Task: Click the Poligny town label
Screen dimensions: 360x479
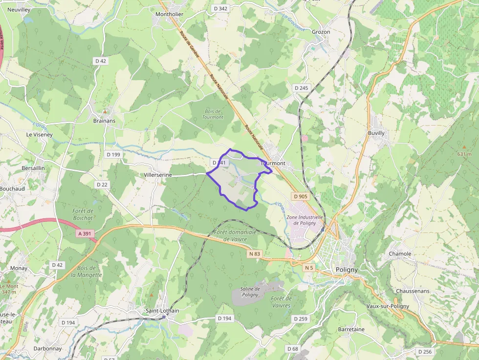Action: pyautogui.click(x=347, y=270)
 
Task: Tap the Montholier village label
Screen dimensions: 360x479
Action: pyautogui.click(x=169, y=14)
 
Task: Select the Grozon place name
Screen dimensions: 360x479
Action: pyautogui.click(x=321, y=32)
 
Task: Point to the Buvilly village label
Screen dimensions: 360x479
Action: pyautogui.click(x=376, y=133)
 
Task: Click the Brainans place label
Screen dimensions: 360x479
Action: pyautogui.click(x=104, y=121)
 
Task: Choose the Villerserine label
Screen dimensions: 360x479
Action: pyautogui.click(x=158, y=174)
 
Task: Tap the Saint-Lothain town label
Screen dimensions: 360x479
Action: pyautogui.click(x=162, y=311)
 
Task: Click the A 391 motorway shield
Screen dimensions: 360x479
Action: pyautogui.click(x=85, y=234)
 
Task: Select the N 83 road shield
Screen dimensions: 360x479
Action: pyautogui.click(x=255, y=254)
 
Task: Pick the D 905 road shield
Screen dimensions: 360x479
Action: pyautogui.click(x=301, y=196)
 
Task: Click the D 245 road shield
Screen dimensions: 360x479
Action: pyautogui.click(x=302, y=88)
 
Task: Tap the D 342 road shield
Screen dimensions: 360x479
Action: pyautogui.click(x=220, y=8)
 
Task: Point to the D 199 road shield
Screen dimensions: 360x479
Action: pyautogui.click(x=113, y=154)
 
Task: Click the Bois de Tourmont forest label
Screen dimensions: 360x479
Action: pyautogui.click(x=213, y=114)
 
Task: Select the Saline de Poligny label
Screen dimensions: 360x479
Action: pyautogui.click(x=250, y=292)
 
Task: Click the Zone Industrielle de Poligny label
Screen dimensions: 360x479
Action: pyautogui.click(x=305, y=220)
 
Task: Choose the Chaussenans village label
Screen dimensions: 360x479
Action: pyautogui.click(x=413, y=291)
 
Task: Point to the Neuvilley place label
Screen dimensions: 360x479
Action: pyautogui.click(x=19, y=9)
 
